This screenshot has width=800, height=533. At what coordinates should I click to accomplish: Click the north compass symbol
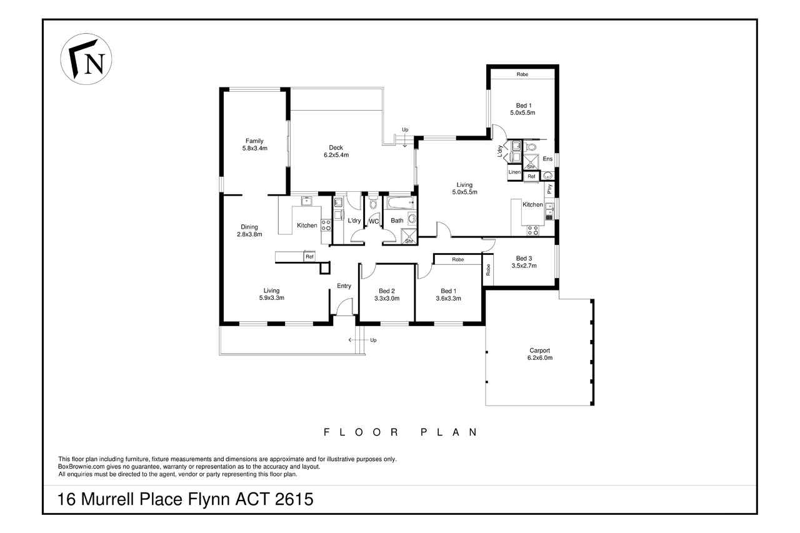tap(86, 59)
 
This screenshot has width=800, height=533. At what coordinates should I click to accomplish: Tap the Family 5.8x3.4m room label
tap(254, 144)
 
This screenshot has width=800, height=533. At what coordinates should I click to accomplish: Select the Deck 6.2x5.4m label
tap(336, 151)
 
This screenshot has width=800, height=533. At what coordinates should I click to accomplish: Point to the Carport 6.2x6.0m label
tap(539, 354)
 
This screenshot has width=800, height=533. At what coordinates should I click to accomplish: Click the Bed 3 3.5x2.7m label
tap(524, 262)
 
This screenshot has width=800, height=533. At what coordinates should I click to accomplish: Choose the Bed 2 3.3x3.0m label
tap(387, 295)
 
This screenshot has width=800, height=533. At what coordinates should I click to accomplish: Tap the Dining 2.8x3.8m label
tap(249, 231)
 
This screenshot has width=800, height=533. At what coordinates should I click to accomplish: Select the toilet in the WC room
tap(373, 202)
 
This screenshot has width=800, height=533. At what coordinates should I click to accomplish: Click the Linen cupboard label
tap(514, 172)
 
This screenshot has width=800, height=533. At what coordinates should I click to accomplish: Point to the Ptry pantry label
tap(549, 189)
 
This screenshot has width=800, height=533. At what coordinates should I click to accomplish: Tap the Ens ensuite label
tap(547, 159)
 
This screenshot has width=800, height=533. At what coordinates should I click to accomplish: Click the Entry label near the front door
tap(344, 286)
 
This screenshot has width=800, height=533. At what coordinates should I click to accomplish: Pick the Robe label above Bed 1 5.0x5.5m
tap(522, 74)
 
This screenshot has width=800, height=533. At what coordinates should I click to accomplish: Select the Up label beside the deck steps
tap(405, 129)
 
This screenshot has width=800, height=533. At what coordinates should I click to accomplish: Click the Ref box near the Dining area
tap(309, 257)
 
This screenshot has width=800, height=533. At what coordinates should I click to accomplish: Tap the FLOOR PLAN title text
tap(401, 432)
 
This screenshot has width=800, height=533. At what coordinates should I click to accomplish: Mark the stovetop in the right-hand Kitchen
tap(533, 231)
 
